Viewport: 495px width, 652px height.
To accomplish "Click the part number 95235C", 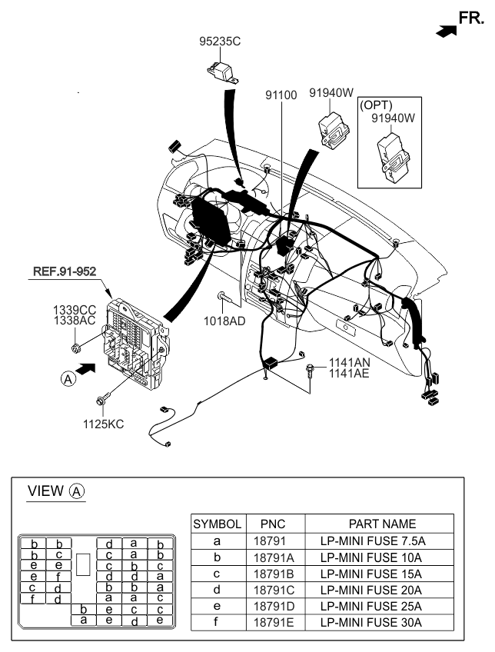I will tap(220, 42).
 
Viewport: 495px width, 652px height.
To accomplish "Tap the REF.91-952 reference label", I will tap(64, 271).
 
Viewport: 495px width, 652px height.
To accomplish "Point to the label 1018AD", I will tap(224, 321).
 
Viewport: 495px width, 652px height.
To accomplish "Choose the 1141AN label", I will tap(349, 362).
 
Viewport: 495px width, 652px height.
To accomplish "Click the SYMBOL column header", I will tap(218, 524).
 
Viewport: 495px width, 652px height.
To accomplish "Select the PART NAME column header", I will tap(382, 524).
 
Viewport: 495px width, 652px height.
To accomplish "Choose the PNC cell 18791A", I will tap(274, 557).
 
